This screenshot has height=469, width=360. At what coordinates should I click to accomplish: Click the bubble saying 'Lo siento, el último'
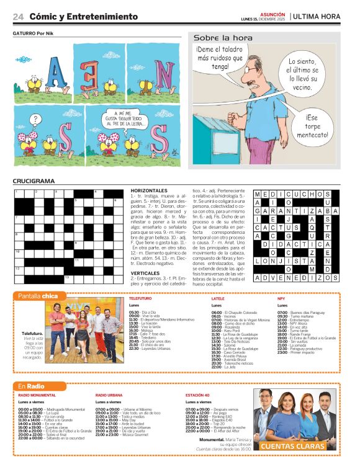(x=302, y=73)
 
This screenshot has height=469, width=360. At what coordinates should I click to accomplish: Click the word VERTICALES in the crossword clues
(x=145, y=272)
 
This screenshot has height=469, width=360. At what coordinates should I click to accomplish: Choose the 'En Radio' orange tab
(x=32, y=386)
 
